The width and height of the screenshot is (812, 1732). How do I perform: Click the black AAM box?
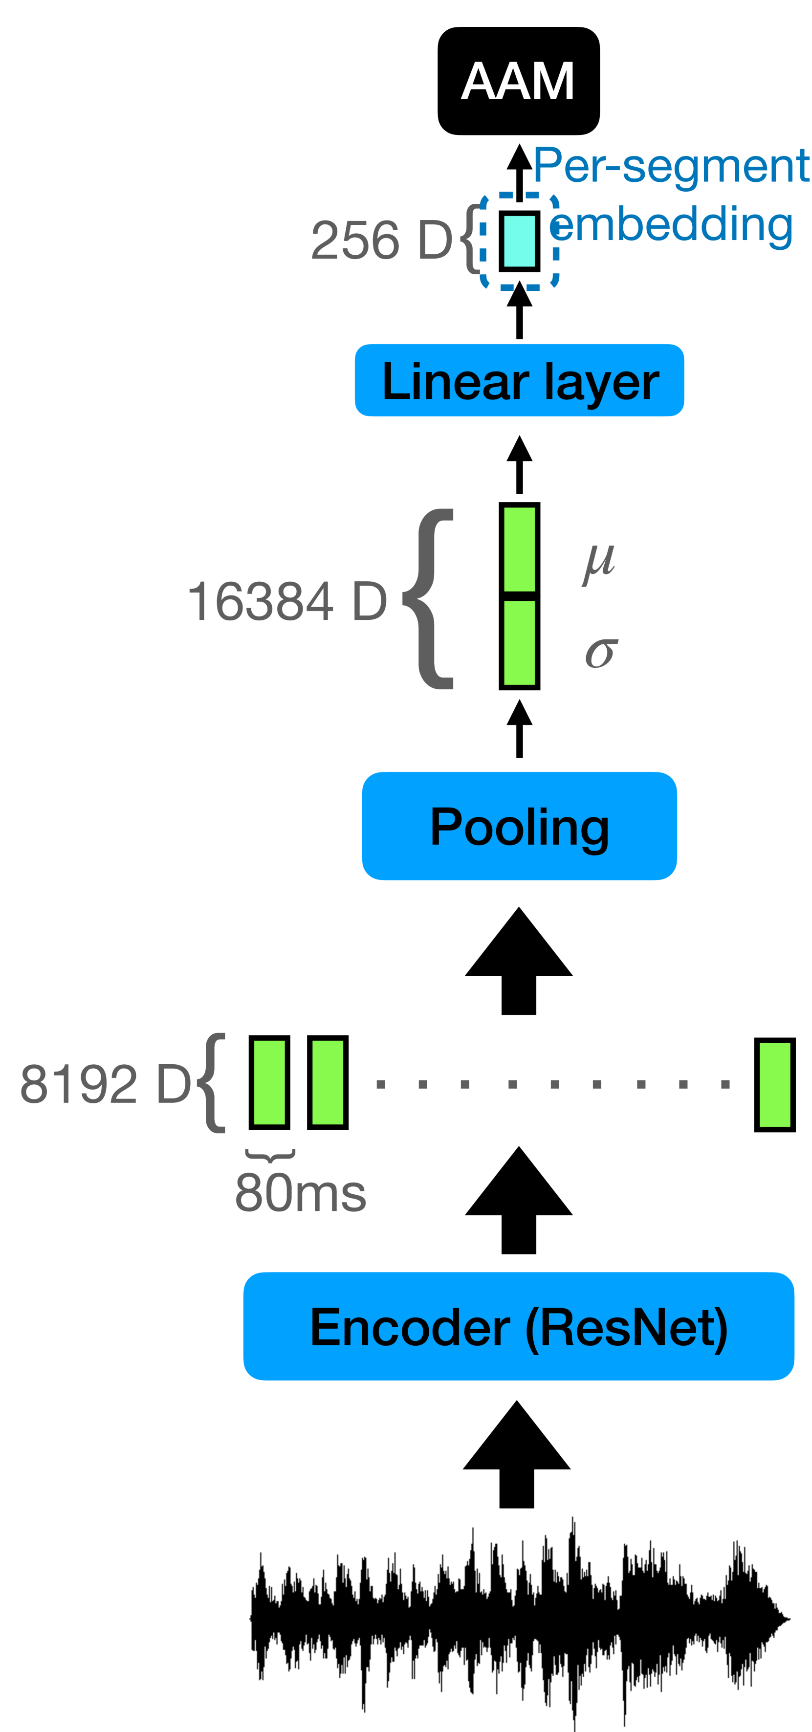(518, 81)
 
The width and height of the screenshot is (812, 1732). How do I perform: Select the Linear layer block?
(519, 380)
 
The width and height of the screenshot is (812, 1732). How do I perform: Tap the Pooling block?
(519, 826)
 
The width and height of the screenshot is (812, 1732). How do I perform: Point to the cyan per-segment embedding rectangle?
(519, 241)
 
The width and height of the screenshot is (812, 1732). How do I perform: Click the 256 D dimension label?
(381, 241)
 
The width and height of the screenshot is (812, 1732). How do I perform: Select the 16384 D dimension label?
(287, 600)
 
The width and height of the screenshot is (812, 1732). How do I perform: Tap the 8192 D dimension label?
(106, 1084)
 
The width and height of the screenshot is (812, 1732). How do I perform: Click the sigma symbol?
(600, 652)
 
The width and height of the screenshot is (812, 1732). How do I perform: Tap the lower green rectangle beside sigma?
(519, 643)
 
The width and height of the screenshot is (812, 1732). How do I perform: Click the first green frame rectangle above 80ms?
(269, 1082)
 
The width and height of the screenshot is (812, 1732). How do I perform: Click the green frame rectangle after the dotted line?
(774, 1085)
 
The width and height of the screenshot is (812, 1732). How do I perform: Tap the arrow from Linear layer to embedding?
(519, 310)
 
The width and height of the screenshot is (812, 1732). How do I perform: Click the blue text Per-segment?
(670, 165)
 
